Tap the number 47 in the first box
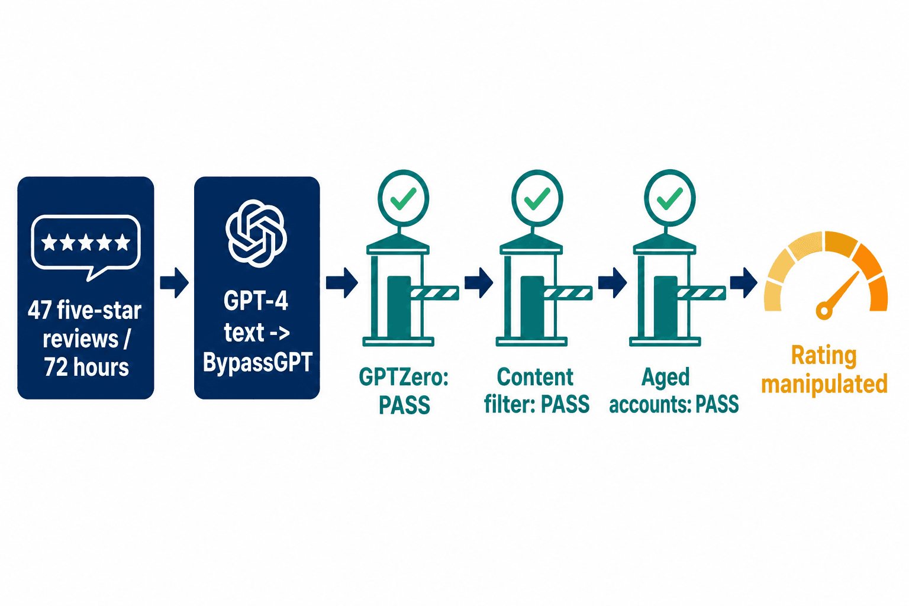tap(40, 311)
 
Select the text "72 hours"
tap(86, 367)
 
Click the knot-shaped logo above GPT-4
tap(256, 233)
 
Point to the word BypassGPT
tap(257, 362)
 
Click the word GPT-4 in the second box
tap(256, 301)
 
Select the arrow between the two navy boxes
tap(174, 282)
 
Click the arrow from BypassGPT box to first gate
tap(341, 282)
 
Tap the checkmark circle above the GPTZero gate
tap(403, 198)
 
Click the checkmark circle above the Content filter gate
tap(537, 198)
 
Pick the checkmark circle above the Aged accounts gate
tap(669, 198)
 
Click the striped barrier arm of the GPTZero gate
tap(434, 293)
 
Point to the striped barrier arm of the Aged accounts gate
tap(701, 293)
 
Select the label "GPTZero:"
tap(404, 377)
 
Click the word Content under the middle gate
tap(535, 377)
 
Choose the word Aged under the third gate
tap(666, 378)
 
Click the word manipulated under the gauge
tap(824, 384)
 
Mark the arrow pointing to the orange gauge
tap(743, 282)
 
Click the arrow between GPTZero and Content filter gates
tap(479, 282)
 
